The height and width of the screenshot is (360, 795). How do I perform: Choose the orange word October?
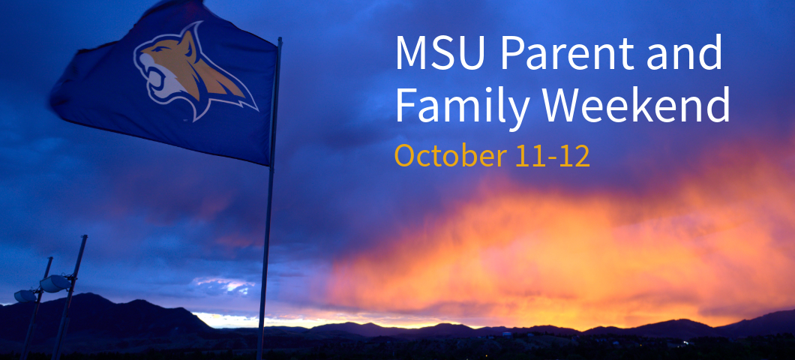point(450,156)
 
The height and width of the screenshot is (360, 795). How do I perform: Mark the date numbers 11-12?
point(552,156)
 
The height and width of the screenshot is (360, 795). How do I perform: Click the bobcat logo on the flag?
point(195,71)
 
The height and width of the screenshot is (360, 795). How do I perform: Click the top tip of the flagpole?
point(279,38)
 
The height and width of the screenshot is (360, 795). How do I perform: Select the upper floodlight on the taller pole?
point(55,283)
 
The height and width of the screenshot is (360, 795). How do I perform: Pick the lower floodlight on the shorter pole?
point(25,296)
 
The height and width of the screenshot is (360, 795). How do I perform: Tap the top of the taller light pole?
point(84,236)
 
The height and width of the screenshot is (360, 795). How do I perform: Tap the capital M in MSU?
point(412,52)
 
